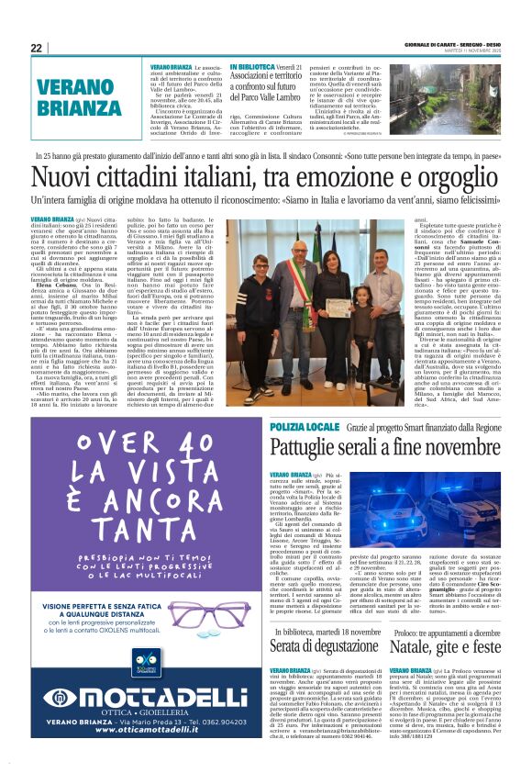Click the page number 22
(37, 48)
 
